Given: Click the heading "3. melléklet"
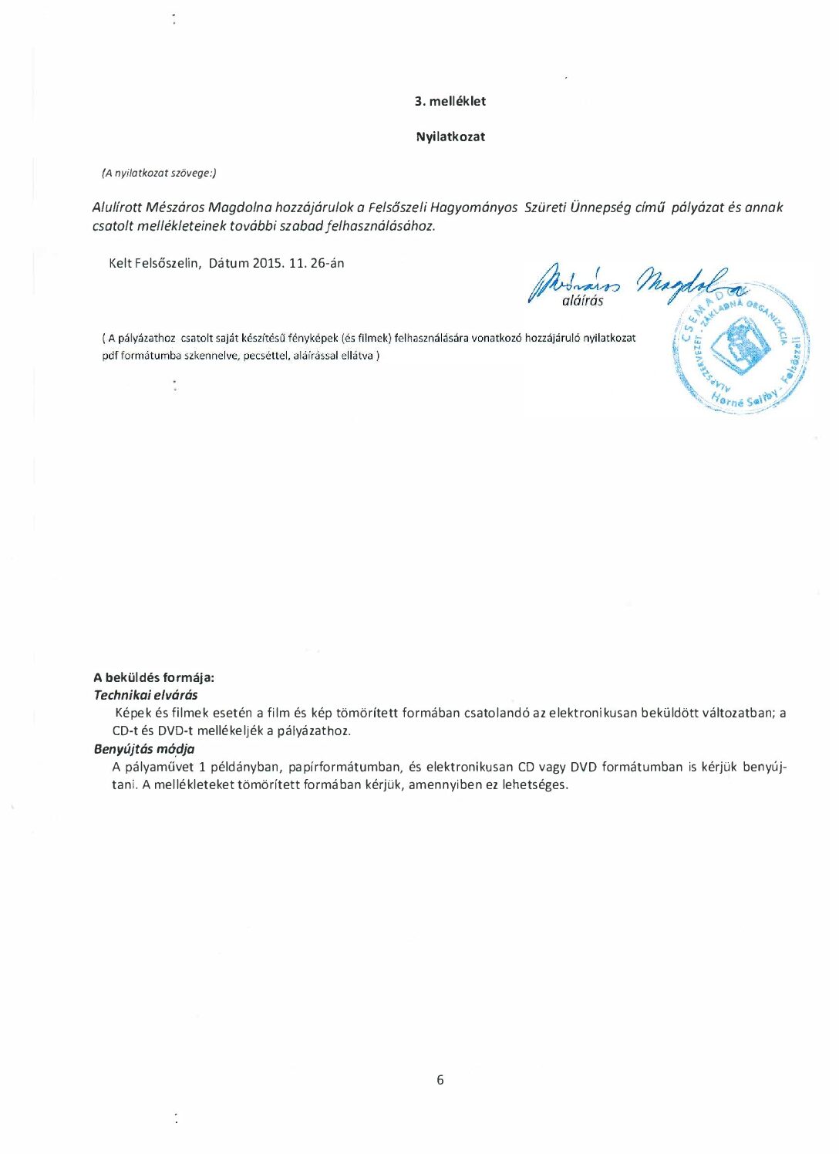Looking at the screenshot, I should [450, 101].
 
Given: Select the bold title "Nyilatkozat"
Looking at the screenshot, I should [450, 137].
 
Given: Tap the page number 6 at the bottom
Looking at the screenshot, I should [440, 1079].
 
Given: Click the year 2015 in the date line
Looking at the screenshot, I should [268, 263].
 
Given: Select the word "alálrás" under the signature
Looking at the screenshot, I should [583, 301].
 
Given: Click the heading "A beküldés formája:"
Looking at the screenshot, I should [154, 677].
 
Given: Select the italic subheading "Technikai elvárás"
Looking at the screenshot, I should [146, 695].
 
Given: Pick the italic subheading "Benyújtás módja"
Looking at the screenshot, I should [144, 749].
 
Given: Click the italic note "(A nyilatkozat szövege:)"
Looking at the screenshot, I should [159, 173].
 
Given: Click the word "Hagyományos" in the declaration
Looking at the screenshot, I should [474, 208].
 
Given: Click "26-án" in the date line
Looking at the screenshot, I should [327, 263].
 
